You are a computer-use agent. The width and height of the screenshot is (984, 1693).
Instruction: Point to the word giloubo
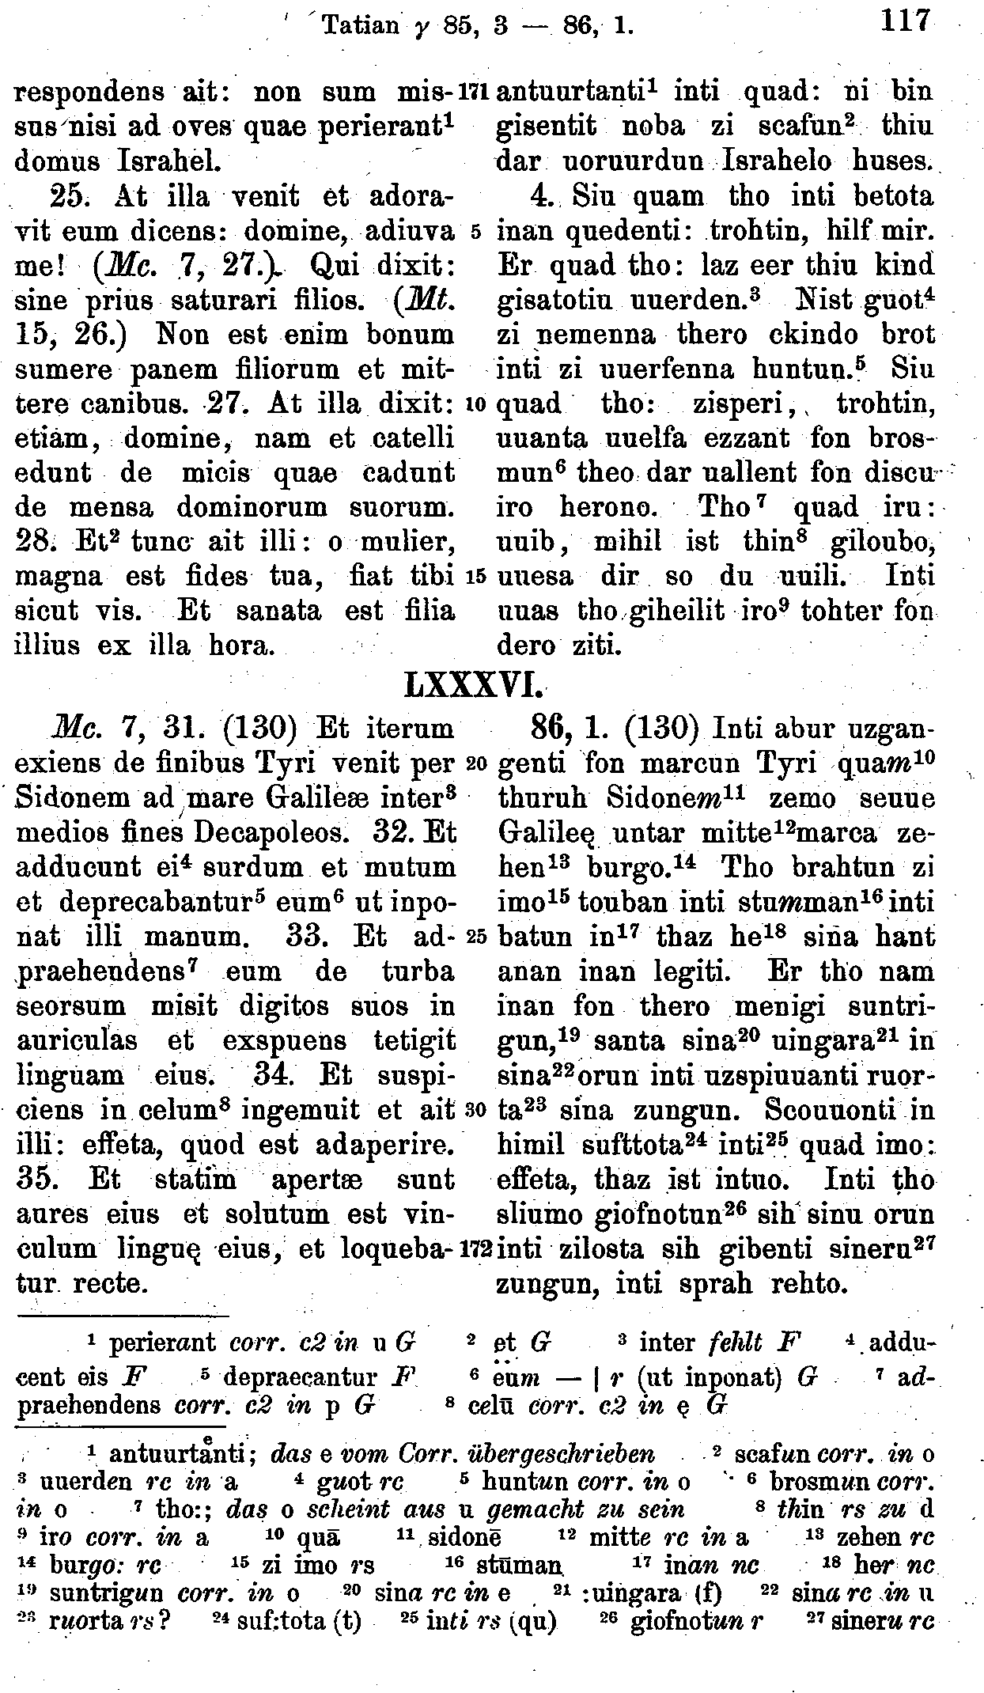tap(884, 543)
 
